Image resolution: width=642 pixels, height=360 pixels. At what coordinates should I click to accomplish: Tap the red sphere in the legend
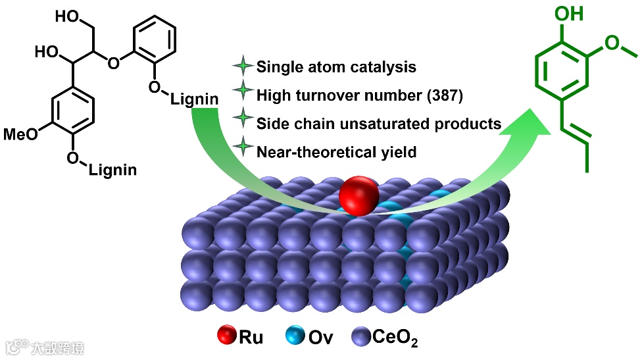coord(226,338)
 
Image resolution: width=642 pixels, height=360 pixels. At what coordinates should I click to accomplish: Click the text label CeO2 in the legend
coord(395,338)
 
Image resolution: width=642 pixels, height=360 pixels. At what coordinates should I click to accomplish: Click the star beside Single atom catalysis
coord(243,66)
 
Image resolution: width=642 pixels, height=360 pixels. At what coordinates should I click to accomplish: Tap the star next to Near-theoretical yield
coord(243,151)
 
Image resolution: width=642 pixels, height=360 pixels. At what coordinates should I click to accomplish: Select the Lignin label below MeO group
coord(112,170)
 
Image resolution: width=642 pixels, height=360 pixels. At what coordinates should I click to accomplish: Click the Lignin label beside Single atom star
coord(195,99)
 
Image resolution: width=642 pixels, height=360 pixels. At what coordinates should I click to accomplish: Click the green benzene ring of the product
coord(560,72)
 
